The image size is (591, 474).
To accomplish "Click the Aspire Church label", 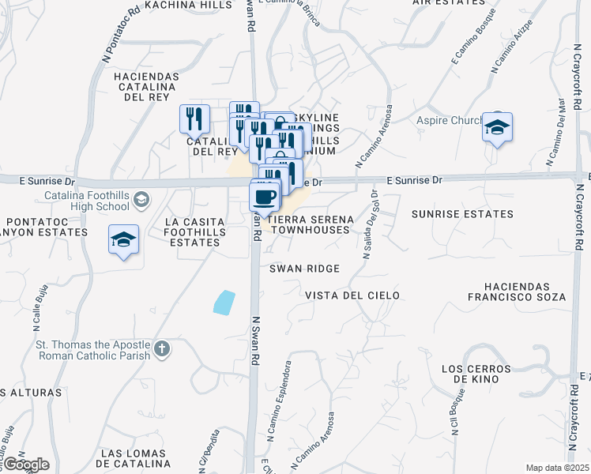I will (x=448, y=121).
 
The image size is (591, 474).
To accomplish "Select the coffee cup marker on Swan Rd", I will (x=265, y=195).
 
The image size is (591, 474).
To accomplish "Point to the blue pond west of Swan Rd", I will (x=224, y=303).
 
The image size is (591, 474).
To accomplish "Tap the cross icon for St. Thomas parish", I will (x=161, y=348).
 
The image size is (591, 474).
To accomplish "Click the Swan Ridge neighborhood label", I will (x=304, y=269).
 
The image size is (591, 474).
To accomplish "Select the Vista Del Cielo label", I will (x=352, y=295).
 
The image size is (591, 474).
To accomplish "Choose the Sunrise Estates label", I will (x=462, y=214).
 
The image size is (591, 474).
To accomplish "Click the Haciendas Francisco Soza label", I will (x=525, y=292).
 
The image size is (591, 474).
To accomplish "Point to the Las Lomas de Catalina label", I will (x=134, y=459).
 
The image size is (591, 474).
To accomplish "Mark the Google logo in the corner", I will (x=25, y=465).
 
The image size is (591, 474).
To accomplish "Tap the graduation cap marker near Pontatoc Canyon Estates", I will (x=124, y=239).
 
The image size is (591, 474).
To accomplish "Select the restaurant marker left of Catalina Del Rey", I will (x=194, y=119).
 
